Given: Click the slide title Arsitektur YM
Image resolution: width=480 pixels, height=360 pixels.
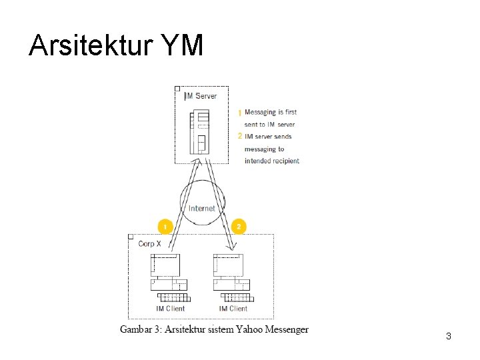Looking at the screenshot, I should pyautogui.click(x=116, y=46).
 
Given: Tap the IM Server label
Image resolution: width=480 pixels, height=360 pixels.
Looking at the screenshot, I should pyautogui.click(x=201, y=96).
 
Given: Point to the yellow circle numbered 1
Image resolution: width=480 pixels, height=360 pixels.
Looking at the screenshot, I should pyautogui.click(x=165, y=227).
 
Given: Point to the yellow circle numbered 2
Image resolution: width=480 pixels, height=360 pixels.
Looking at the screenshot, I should pyautogui.click(x=239, y=227).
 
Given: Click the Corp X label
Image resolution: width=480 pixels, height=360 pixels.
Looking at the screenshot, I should pyautogui.click(x=149, y=244).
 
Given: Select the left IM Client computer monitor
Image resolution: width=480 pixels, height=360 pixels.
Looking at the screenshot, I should pyautogui.click(x=165, y=265).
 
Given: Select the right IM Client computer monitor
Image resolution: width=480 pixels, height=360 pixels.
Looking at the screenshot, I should pyautogui.click(x=228, y=265).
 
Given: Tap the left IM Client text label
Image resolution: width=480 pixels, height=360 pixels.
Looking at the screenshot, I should pyautogui.click(x=170, y=309).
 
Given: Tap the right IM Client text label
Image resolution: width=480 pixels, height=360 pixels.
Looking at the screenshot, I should pyautogui.click(x=233, y=309).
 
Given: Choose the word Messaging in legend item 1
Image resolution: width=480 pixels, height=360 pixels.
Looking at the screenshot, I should pyautogui.click(x=261, y=112).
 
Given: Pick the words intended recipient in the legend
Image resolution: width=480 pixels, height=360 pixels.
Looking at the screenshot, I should pyautogui.click(x=272, y=161).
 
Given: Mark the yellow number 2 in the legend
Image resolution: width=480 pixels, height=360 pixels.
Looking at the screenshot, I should pyautogui.click(x=240, y=136).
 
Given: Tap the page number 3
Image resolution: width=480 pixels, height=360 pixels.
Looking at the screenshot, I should pyautogui.click(x=449, y=337).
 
